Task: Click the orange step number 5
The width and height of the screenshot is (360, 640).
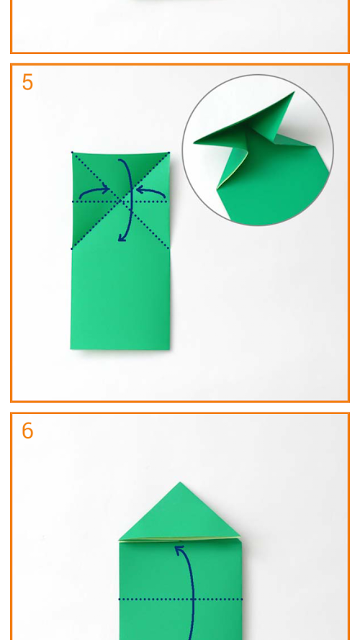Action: point(27,83)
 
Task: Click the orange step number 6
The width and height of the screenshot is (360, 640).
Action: point(27,431)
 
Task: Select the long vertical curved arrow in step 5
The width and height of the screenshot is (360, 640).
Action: point(130,200)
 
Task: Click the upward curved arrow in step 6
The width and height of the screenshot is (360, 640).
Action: point(190,592)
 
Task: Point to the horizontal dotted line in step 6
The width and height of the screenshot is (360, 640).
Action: point(181,599)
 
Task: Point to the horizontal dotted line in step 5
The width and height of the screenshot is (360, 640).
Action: point(120,202)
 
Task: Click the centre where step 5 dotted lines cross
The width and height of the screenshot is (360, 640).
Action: point(121,201)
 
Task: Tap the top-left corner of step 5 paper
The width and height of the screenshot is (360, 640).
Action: point(72,153)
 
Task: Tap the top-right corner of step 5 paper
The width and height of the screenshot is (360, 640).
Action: point(169,153)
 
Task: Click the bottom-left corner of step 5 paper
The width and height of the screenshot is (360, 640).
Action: point(71,348)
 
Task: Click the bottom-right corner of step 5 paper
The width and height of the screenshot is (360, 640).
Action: point(169,349)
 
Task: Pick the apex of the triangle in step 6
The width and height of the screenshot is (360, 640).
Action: point(180,482)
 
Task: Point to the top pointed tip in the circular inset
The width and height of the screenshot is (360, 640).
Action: point(294,93)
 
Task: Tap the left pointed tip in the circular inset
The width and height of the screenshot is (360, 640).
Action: point(194,142)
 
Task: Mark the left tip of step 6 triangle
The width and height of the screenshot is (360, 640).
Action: point(120,540)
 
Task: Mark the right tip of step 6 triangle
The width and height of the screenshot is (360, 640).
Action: point(240,537)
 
